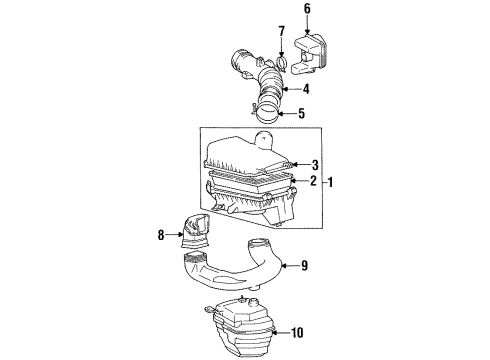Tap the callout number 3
pos(314,164)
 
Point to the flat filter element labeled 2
pos(250,180)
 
